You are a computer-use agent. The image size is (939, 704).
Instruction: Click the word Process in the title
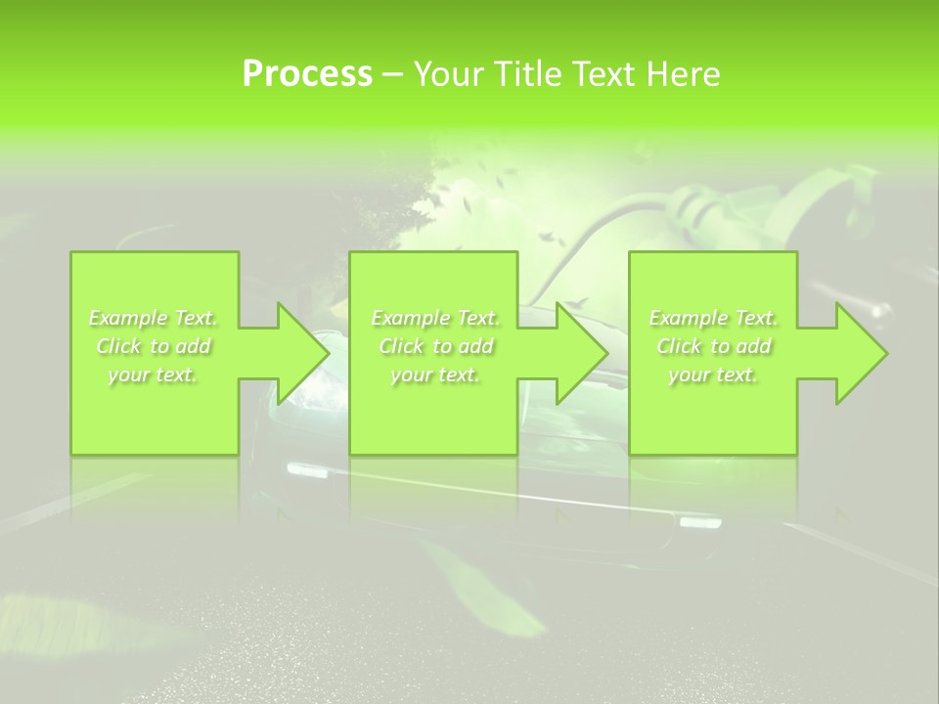(307, 74)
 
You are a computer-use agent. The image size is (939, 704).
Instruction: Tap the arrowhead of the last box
(855, 353)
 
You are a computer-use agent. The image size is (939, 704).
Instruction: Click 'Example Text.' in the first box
(154, 318)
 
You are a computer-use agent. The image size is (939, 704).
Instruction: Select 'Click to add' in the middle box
(435, 346)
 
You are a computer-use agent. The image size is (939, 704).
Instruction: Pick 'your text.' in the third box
(713, 374)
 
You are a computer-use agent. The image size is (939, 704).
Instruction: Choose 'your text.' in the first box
(154, 374)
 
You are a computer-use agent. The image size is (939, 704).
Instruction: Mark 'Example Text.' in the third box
(713, 318)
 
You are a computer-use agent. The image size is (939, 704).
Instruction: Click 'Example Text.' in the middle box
(435, 318)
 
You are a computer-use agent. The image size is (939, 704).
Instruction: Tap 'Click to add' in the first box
(154, 346)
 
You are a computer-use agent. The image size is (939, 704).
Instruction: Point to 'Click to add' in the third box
(713, 346)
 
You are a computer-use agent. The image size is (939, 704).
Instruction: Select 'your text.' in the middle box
(435, 374)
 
